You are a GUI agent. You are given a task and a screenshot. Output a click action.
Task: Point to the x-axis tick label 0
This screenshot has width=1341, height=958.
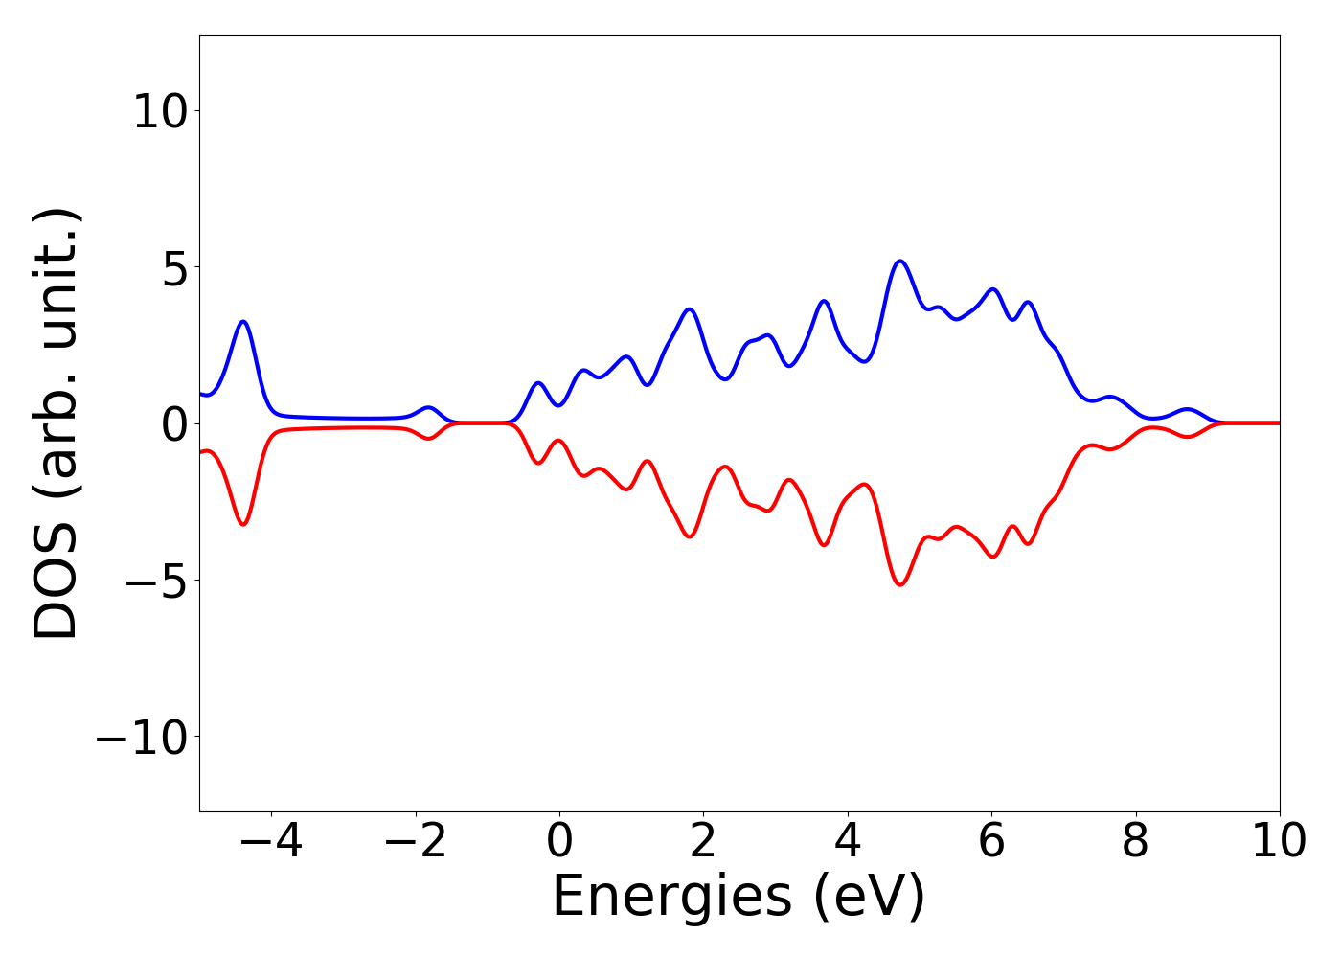559,841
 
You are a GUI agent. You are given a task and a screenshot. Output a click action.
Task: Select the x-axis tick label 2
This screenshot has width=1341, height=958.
703,841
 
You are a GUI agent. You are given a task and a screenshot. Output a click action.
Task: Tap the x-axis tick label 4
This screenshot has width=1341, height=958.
848,841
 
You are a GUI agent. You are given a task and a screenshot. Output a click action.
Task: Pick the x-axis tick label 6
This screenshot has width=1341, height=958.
991,841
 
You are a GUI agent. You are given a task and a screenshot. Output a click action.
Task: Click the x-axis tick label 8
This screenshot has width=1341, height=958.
1135,841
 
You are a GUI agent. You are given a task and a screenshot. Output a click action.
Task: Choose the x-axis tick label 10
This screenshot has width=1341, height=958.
1279,841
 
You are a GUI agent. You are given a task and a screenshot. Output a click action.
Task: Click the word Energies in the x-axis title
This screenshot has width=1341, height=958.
671,898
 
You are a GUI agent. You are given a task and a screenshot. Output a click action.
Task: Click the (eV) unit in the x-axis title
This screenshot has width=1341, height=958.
870,898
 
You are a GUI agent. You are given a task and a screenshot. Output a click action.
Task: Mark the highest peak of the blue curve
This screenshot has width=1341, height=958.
899,261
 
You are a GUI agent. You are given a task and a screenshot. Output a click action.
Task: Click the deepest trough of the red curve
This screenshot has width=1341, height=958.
899,584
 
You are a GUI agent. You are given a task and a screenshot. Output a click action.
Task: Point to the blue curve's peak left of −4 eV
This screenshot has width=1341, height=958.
243,322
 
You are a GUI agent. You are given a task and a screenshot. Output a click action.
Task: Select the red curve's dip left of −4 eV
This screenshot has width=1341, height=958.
243,524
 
